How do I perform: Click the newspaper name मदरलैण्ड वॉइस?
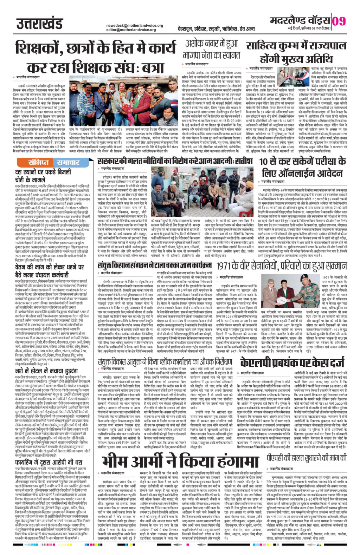tap(300, 21)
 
